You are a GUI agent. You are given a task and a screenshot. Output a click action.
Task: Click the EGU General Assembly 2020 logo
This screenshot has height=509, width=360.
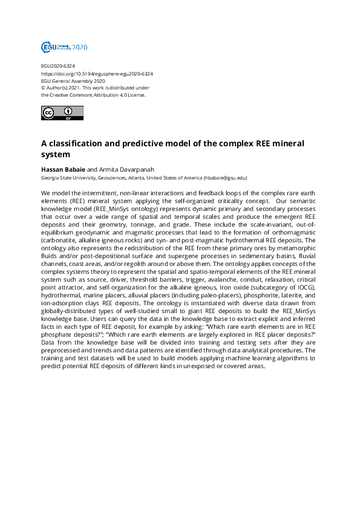point(64,47)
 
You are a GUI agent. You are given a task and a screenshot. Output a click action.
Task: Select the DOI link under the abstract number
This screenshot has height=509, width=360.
point(97,74)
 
